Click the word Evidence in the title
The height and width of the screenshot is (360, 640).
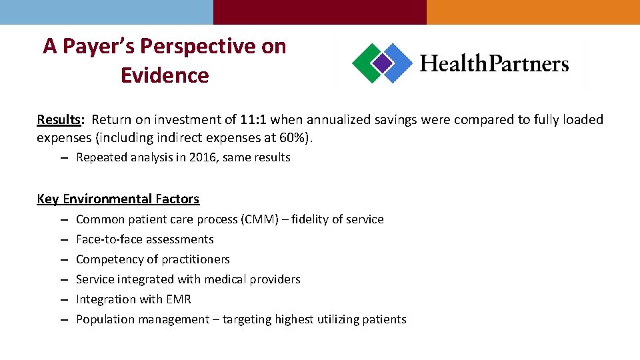click(165, 75)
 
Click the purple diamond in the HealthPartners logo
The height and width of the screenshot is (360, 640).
click(382, 63)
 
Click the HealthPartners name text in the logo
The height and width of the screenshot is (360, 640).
click(494, 64)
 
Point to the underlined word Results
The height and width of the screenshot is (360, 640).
click(59, 120)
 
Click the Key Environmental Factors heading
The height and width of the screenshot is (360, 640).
click(118, 199)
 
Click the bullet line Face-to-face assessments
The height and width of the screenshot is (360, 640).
click(145, 239)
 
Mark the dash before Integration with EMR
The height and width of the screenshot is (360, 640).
click(62, 300)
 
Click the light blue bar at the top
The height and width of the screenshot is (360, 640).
click(107, 12)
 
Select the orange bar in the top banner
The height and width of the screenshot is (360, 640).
click(533, 12)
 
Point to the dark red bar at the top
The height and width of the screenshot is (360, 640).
click(320, 12)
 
